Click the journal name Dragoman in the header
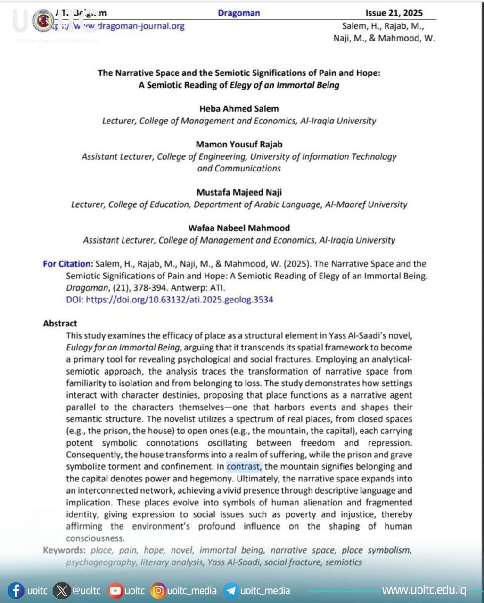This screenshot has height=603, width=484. click(238, 13)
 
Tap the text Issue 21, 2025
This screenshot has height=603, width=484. click(394, 13)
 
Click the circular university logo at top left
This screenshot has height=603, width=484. click(43, 20)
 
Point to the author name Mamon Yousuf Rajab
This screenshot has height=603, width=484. click(239, 144)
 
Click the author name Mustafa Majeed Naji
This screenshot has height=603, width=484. click(239, 192)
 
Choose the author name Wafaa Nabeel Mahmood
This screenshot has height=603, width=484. click(239, 228)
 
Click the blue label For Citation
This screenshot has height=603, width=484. click(67, 264)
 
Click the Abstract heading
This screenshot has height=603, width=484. click(60, 324)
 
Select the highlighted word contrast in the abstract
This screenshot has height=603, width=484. click(244, 467)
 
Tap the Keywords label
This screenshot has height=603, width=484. click(64, 550)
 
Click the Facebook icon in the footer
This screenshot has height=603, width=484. click(16, 591)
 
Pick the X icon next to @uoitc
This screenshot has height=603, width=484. click(61, 591)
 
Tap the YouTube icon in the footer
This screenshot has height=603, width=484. click(115, 591)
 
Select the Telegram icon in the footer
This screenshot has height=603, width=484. click(230, 591)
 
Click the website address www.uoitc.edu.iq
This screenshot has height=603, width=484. click(424, 590)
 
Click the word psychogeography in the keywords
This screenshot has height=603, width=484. click(99, 562)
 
